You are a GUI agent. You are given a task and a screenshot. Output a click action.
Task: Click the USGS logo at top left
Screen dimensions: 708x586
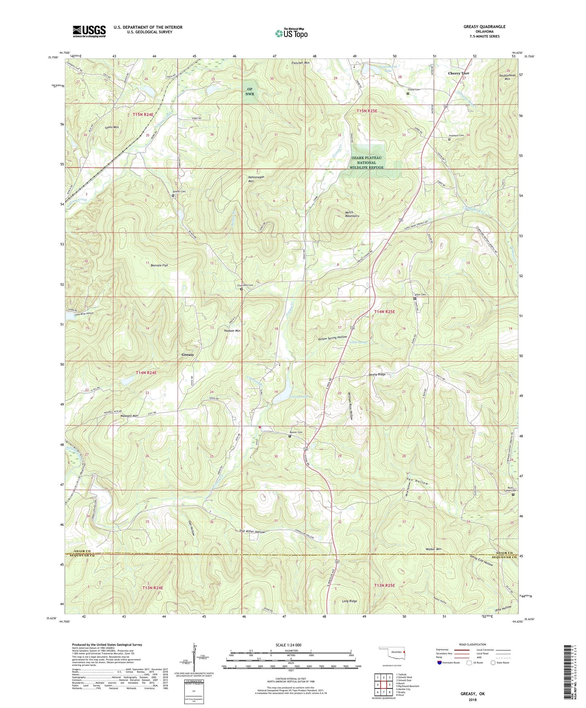click(89, 31)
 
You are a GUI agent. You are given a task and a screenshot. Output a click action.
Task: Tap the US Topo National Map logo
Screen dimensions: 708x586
click(291, 33)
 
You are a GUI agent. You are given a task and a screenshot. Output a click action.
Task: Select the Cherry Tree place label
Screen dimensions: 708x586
click(459, 73)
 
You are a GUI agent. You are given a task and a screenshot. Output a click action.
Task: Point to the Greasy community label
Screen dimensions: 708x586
click(188, 355)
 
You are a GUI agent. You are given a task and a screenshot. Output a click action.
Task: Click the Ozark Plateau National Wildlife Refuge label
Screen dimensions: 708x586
click(366, 162)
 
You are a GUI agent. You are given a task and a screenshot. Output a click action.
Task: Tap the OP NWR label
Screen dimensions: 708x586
click(250, 91)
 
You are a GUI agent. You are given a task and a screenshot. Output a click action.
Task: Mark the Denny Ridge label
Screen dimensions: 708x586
click(377, 375)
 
